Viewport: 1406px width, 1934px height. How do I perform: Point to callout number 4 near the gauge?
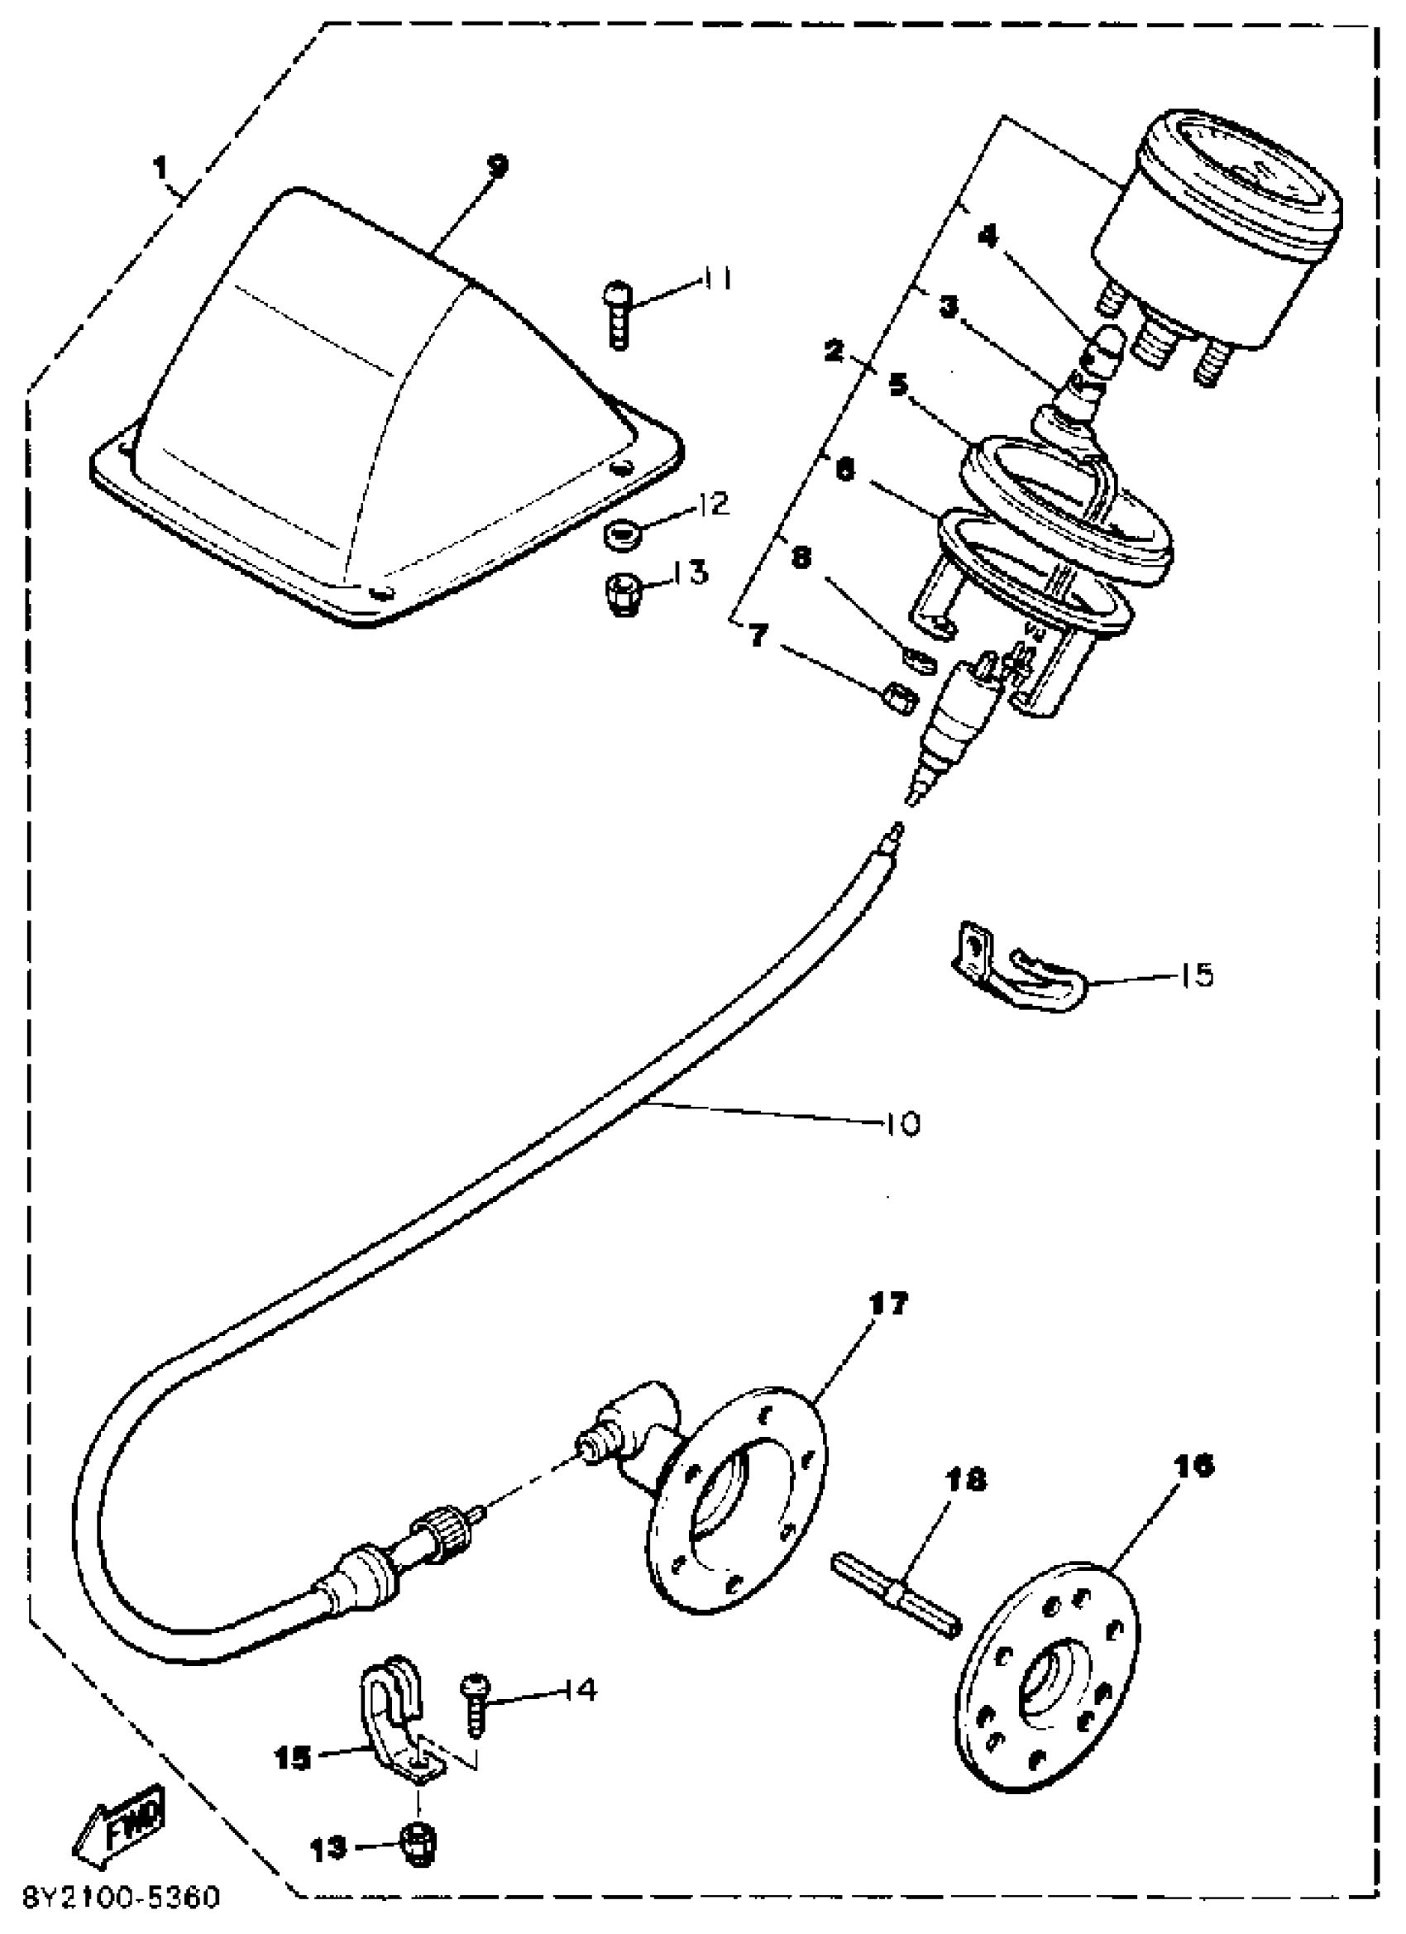point(989,237)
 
